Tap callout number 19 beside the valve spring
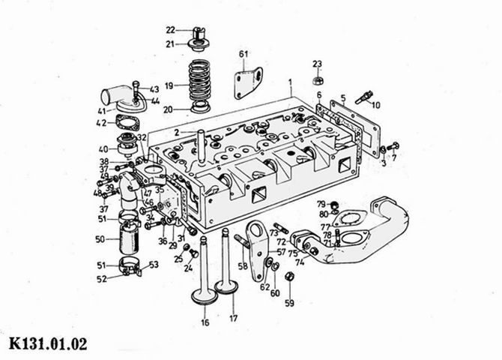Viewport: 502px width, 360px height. tap(169, 86)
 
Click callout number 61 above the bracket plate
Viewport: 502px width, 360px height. tap(244, 54)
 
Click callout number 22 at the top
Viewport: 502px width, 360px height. tap(170, 30)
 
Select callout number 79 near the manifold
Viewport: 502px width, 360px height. tap(320, 204)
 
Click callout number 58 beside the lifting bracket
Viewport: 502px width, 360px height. tap(243, 266)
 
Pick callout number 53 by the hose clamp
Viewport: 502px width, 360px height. tap(154, 265)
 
